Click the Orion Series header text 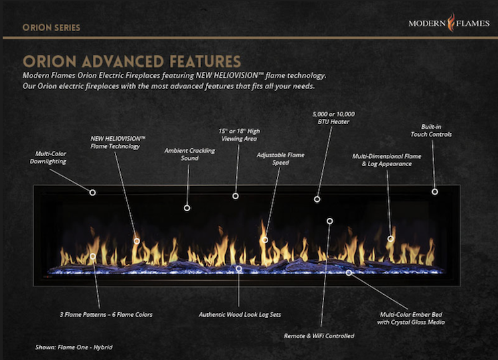click(x=51, y=28)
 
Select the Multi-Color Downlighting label click(x=48, y=157)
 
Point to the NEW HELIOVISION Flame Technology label click(x=118, y=142)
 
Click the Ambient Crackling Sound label click(x=190, y=154)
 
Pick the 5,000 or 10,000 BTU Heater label click(x=331, y=118)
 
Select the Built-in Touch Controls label click(x=436, y=130)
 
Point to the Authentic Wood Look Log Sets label click(x=240, y=314)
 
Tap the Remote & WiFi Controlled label click(x=319, y=336)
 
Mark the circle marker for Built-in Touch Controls click(x=435, y=192)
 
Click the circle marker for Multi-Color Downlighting click(x=92, y=192)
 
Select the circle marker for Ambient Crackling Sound click(x=187, y=208)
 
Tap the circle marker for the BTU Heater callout click(x=317, y=199)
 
